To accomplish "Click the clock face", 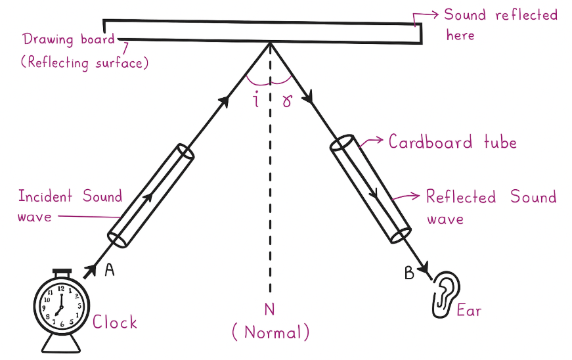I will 61,306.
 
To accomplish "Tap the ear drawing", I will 447,293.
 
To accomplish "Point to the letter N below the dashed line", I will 269,308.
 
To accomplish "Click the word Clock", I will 115,322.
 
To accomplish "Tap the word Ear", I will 469,309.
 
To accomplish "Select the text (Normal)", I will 270,332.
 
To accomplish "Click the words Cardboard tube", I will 452,142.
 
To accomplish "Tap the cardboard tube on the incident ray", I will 151,196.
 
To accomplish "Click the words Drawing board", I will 68,38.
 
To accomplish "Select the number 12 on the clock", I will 61,288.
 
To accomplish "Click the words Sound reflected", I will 500,15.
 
